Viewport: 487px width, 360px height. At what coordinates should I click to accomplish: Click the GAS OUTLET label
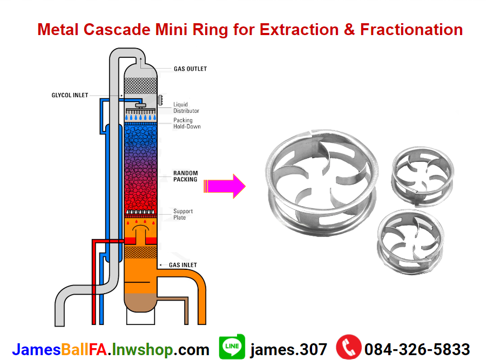pyautogui.click(x=190, y=69)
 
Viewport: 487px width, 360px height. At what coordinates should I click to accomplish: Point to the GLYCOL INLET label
pyautogui.click(x=70, y=96)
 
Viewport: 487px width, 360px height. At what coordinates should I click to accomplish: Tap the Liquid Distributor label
pyautogui.click(x=186, y=107)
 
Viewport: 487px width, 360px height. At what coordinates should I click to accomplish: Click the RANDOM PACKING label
pyautogui.click(x=185, y=176)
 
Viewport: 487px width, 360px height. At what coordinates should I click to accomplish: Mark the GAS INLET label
pyautogui.click(x=183, y=265)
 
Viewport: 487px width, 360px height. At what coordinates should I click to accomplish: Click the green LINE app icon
pyautogui.click(x=232, y=347)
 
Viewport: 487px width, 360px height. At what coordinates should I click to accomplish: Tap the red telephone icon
pyautogui.click(x=349, y=348)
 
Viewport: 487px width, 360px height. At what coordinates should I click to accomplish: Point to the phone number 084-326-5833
pyautogui.click(x=417, y=349)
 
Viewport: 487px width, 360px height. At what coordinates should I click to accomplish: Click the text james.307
pyautogui.click(x=288, y=349)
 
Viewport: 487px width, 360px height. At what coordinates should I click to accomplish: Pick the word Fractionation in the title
pyautogui.click(x=411, y=29)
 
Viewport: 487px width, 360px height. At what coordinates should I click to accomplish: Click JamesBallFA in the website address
pyautogui.click(x=60, y=349)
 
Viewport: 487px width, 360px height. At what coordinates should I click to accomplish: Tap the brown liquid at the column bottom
pyautogui.click(x=140, y=303)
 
